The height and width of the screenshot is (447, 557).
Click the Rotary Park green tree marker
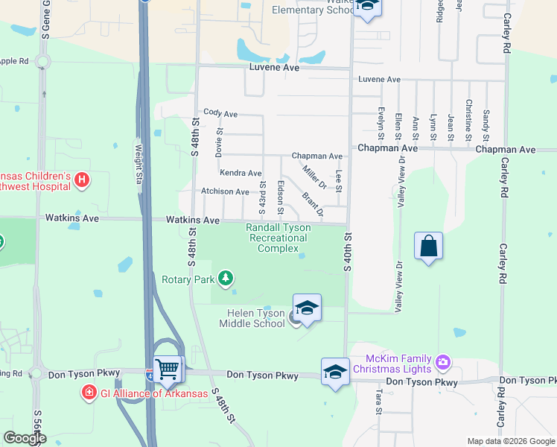pyautogui.click(x=225, y=279)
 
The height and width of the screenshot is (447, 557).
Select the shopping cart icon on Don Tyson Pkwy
pyautogui.click(x=169, y=367)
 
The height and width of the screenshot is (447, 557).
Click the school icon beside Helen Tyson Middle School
pyautogui.click(x=307, y=308)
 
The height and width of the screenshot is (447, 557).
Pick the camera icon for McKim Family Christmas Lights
pyautogui.click(x=444, y=363)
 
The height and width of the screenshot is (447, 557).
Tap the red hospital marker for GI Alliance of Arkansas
pyautogui.click(x=89, y=391)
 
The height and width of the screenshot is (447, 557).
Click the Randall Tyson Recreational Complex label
pyautogui.click(x=277, y=238)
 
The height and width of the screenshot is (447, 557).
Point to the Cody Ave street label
pyautogui.click(x=220, y=113)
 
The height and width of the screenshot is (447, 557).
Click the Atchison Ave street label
pyautogui.click(x=225, y=191)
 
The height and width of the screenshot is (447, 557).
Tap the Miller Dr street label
pyautogui.click(x=315, y=177)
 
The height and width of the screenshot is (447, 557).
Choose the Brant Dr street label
pyautogui.click(x=313, y=205)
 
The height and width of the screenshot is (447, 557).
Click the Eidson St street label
pyautogui.click(x=280, y=194)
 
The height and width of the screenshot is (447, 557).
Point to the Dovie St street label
pyautogui.click(x=219, y=141)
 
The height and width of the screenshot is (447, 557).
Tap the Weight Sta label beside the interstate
pyautogui.click(x=138, y=163)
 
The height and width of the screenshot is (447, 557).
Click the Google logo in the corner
pyautogui.click(x=25, y=438)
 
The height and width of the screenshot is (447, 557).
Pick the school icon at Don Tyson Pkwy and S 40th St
pyautogui.click(x=335, y=371)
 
